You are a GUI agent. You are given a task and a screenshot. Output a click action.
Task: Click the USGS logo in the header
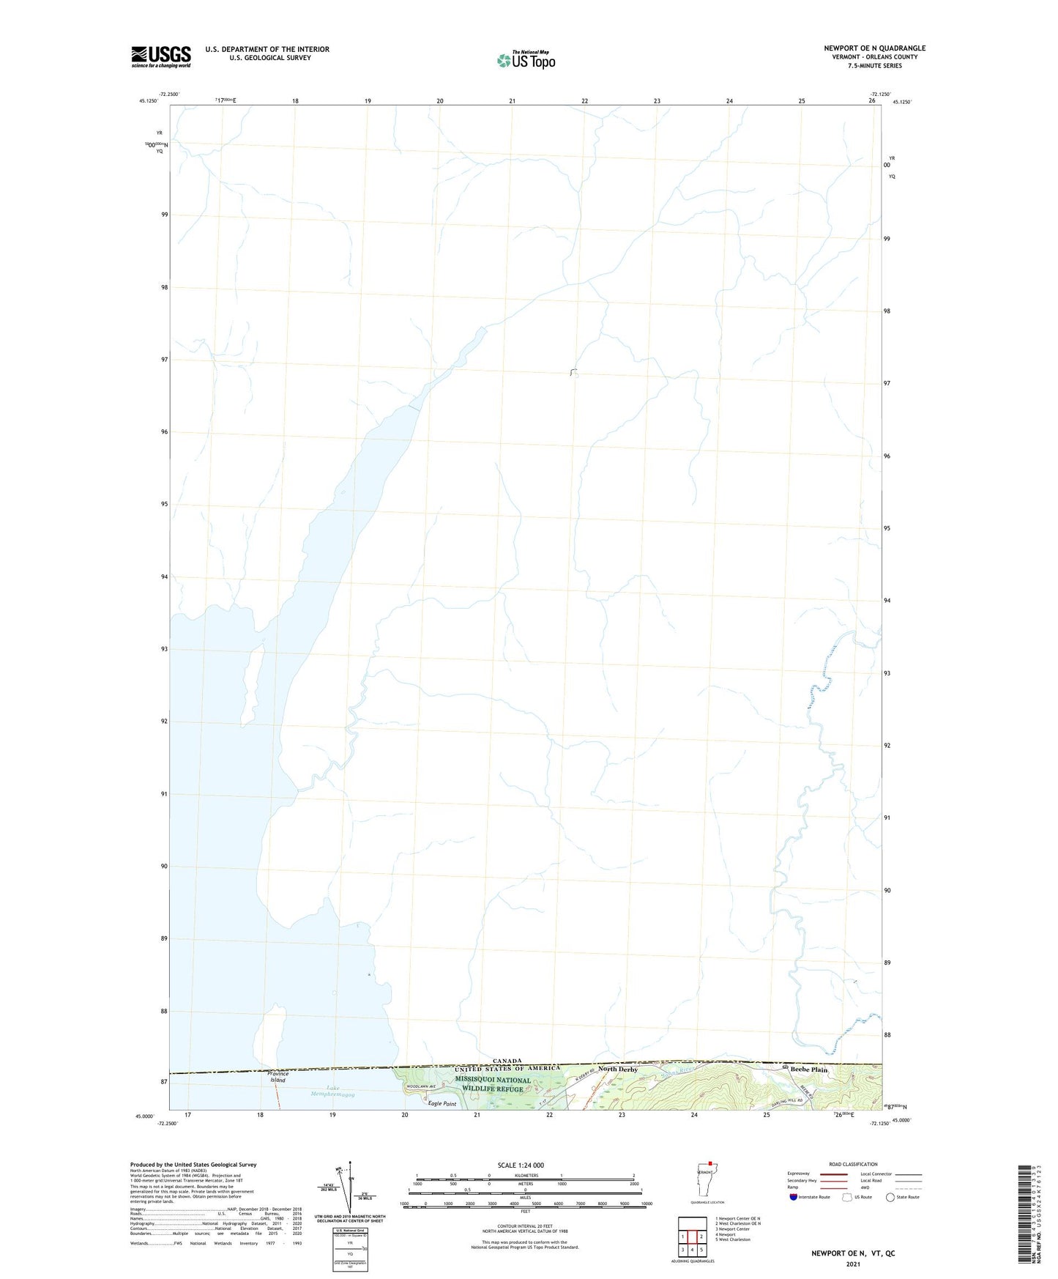161,56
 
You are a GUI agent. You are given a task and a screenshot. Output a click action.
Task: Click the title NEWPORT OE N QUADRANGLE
874,48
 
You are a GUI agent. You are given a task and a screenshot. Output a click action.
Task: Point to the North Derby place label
618,1069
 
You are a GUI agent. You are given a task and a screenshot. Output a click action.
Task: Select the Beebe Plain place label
808,1069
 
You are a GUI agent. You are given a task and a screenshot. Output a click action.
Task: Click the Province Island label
278,1077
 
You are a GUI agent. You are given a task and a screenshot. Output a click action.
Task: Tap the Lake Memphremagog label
330,1091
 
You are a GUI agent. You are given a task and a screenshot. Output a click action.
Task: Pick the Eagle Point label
442,1104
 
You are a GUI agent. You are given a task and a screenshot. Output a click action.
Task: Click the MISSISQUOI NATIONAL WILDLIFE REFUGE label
492,1084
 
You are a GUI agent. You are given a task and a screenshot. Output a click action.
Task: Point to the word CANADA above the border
507,1061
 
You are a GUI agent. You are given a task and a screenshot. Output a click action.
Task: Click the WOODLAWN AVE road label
421,1086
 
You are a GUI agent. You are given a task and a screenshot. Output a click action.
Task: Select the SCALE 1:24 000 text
521,1165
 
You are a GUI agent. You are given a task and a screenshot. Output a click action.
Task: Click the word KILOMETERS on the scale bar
525,1176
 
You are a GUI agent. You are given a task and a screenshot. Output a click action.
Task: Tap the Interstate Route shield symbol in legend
794,1197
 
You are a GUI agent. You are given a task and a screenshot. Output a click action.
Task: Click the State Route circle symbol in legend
890,1197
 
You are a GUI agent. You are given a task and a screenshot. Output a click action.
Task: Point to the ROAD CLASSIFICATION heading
853,1164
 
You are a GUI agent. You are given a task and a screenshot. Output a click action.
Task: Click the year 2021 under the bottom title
852,1264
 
